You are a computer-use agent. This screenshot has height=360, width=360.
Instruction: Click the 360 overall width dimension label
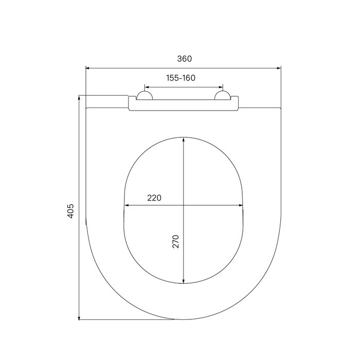(x=184, y=59)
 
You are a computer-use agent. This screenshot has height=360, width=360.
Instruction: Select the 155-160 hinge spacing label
(x=181, y=78)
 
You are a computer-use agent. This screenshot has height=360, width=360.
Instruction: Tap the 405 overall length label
(x=70, y=211)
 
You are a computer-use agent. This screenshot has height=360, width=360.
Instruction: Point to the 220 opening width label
(x=154, y=197)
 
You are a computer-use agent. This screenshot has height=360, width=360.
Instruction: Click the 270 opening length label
(x=176, y=241)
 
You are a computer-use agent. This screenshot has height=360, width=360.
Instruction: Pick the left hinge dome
(x=145, y=95)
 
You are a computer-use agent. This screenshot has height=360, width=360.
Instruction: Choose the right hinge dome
(x=222, y=95)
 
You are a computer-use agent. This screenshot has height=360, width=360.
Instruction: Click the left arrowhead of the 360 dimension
(x=87, y=68)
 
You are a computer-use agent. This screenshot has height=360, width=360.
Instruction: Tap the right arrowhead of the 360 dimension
(x=279, y=68)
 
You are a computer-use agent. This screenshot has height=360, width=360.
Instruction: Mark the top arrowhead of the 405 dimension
(x=79, y=98)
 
